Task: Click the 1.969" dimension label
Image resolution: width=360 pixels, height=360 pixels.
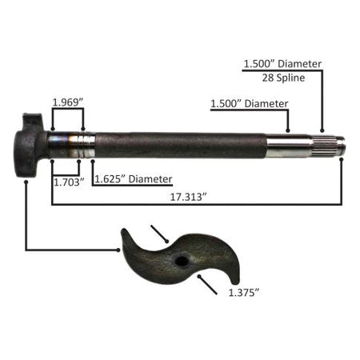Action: [68, 102]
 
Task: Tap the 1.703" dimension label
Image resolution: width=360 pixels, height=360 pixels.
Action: [69, 182]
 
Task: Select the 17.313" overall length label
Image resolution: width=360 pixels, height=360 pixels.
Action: [189, 197]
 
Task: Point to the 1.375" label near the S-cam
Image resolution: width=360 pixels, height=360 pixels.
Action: [244, 293]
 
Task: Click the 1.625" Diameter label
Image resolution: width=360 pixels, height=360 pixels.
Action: [134, 179]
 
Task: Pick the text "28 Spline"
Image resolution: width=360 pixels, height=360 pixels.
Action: [283, 78]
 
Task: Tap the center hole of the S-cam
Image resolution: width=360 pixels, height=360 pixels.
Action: [182, 261]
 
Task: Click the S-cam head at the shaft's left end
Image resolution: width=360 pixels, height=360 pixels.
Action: [30, 146]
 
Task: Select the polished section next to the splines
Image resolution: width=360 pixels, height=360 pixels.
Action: [289, 146]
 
